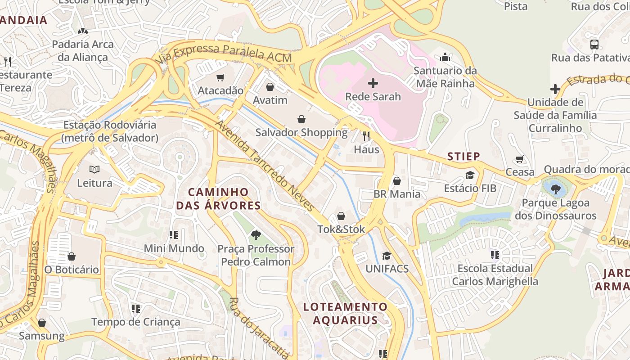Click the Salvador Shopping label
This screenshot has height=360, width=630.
(x=301, y=132)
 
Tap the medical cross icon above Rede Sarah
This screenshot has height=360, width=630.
(x=373, y=83)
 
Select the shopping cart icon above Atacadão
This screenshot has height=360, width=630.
(x=220, y=77)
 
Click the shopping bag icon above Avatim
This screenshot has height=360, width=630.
(x=270, y=87)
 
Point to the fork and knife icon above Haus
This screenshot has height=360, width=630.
(x=366, y=136)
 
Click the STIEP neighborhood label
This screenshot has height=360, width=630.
(x=463, y=156)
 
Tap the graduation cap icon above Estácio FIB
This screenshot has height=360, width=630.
(x=470, y=175)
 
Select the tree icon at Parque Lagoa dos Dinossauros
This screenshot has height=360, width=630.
(x=556, y=189)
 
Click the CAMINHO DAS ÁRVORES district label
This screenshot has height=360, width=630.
(x=218, y=199)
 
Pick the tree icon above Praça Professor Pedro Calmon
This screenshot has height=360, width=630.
(x=256, y=235)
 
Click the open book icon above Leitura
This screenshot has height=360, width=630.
(x=94, y=170)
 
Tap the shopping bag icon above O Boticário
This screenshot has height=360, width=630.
(x=71, y=256)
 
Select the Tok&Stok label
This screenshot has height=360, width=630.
(x=341, y=229)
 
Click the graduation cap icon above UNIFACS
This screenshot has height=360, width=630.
(x=387, y=256)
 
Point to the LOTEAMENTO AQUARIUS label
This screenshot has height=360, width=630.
(x=345, y=314)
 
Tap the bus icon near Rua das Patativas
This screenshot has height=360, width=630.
(x=594, y=44)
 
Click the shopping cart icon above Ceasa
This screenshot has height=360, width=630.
(x=520, y=159)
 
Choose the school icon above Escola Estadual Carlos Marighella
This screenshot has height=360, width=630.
(x=495, y=255)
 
